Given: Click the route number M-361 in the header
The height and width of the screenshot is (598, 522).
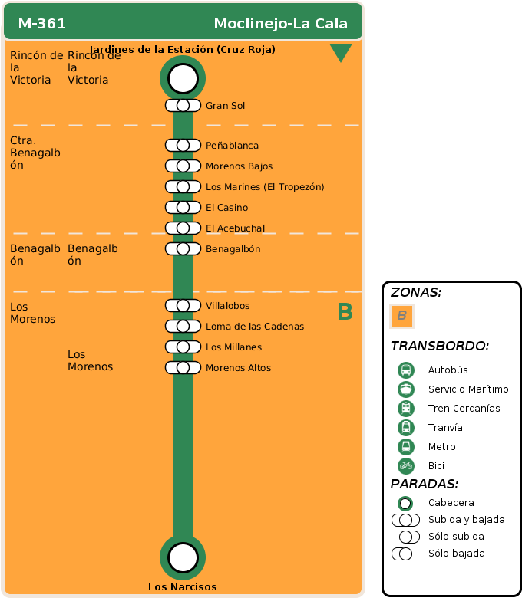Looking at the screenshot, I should click(x=42, y=24).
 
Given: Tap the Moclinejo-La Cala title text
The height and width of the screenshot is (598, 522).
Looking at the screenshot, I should click(x=280, y=24).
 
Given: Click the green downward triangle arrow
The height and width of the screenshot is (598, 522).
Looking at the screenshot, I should click(x=340, y=53).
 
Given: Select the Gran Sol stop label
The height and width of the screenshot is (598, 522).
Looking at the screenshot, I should click(x=225, y=106).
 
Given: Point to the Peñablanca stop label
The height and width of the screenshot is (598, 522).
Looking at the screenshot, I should click(x=232, y=146).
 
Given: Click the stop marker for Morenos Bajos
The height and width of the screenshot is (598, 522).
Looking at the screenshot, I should click(x=183, y=166).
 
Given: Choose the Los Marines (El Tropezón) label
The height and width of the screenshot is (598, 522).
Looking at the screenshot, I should click(x=265, y=187).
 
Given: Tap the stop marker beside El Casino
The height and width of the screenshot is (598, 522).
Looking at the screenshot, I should click(x=183, y=208).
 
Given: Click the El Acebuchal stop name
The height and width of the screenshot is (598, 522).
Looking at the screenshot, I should click(x=235, y=228).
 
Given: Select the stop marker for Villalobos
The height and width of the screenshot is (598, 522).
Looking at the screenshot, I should click(x=183, y=306).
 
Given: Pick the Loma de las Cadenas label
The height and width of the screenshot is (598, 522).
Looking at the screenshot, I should click(x=255, y=327).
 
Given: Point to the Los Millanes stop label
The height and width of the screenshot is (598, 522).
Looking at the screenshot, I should click(x=233, y=347).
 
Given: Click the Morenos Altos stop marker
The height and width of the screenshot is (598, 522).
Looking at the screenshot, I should click(x=183, y=368).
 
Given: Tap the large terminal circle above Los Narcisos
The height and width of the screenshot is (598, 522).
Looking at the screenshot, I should click(x=183, y=557).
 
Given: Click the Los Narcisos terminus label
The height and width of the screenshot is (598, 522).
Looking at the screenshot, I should click(x=183, y=587).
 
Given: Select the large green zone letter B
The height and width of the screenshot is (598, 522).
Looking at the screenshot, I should click(x=345, y=312).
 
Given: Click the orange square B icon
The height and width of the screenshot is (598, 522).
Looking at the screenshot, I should click(x=401, y=316).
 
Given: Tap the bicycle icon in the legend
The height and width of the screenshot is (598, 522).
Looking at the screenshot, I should click(x=406, y=465).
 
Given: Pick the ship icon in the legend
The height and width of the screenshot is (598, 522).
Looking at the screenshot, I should click(x=406, y=389).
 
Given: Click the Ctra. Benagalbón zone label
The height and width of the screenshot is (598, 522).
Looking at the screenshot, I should click(x=35, y=153).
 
